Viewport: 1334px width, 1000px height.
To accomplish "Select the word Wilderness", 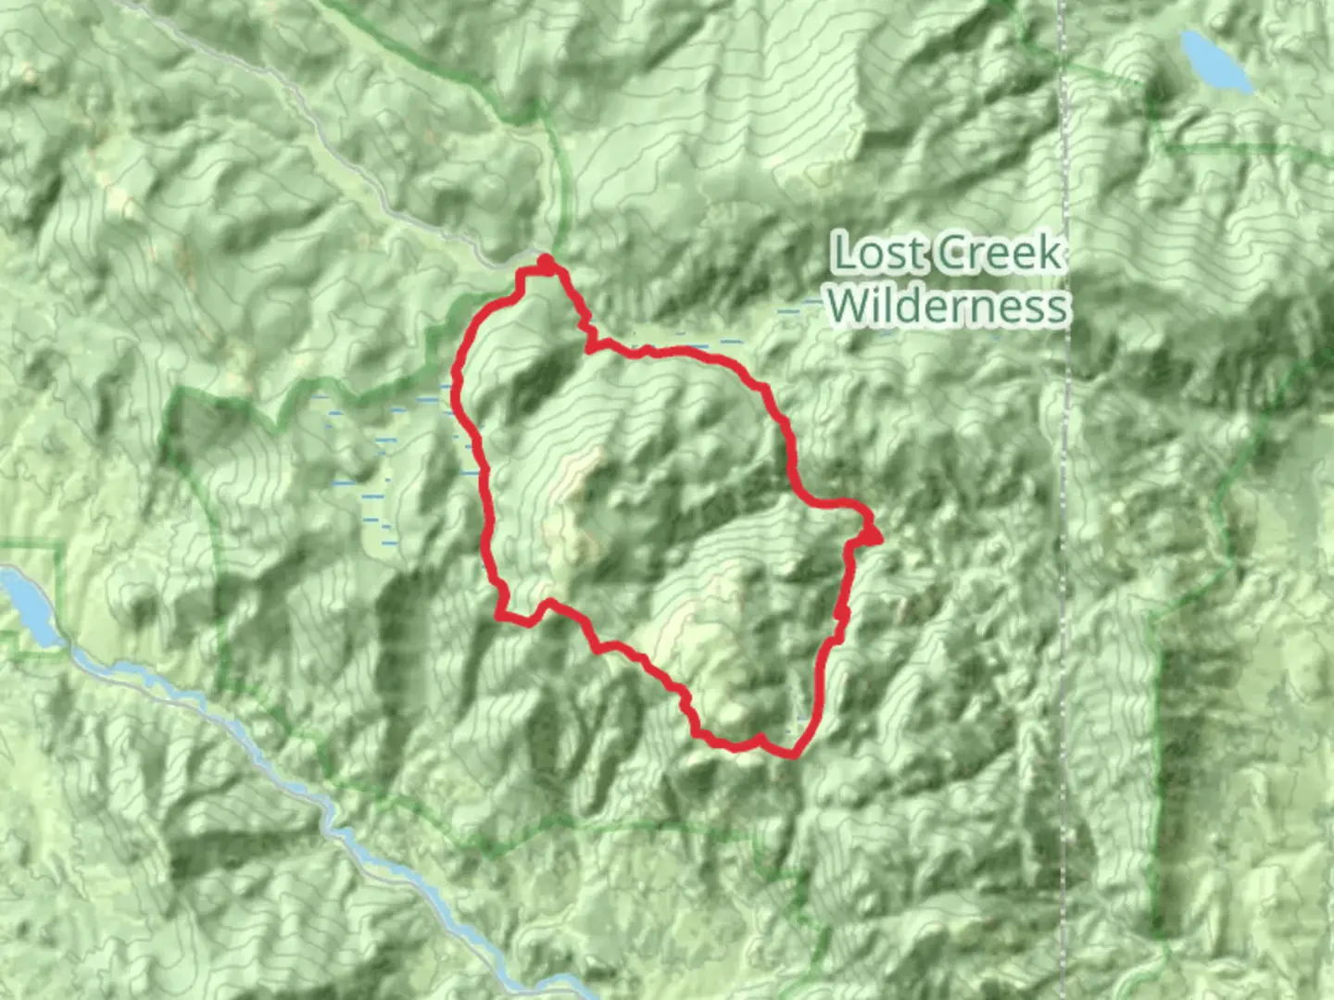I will point(948,305).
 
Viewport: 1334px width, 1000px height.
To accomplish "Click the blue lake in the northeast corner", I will point(1214,59).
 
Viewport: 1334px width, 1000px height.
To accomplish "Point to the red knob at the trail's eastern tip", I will point(872,534).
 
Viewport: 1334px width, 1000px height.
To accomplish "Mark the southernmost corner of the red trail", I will point(793,754).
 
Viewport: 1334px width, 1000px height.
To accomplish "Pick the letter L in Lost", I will point(842,254).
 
